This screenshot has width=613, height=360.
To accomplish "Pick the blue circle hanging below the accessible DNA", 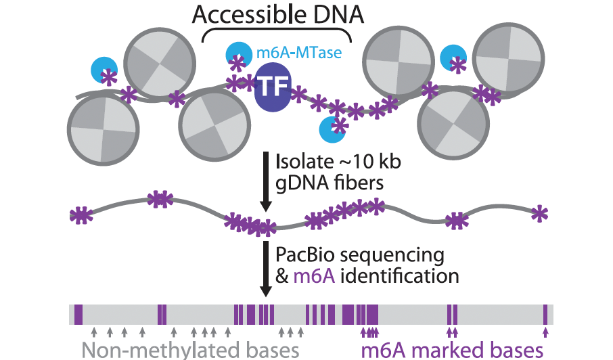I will point(332,129).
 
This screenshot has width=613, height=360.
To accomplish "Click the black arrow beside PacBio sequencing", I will point(266,269).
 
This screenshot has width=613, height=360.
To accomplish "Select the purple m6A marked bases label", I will point(452,350).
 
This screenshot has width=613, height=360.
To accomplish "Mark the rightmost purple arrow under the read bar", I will point(545,332).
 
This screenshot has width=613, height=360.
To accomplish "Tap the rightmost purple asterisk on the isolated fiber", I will point(539,213).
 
